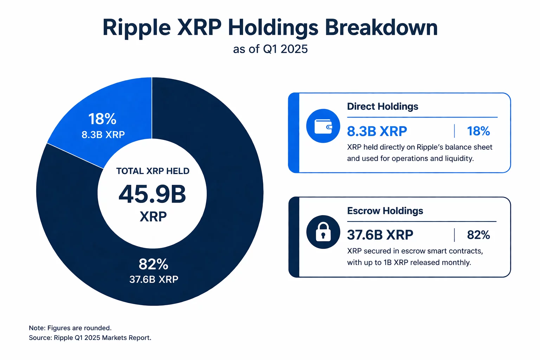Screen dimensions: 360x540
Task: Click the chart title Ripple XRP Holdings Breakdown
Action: click(270, 27)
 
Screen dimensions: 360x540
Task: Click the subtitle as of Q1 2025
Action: click(270, 49)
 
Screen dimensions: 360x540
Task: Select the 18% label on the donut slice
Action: click(102, 119)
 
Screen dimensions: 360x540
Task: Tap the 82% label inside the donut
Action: click(153, 264)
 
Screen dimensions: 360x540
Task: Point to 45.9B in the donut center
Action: click(152, 194)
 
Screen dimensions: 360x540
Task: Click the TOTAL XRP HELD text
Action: click(153, 171)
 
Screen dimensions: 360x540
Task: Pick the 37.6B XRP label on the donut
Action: click(154, 279)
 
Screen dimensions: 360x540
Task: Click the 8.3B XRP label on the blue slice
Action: click(103, 135)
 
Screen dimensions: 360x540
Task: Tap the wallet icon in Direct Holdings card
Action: click(323, 126)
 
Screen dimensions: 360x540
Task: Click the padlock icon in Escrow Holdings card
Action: click(323, 232)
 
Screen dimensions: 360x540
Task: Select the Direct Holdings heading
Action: click(382, 107)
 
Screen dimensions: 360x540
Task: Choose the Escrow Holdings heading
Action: click(385, 211)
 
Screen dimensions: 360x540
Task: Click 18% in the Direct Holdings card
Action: click(478, 131)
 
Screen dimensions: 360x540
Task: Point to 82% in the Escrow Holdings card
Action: click(478, 235)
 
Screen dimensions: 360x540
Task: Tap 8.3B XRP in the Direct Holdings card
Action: click(377, 131)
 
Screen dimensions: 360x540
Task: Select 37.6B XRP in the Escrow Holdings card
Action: click(380, 235)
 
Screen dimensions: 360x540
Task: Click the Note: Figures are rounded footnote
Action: click(70, 328)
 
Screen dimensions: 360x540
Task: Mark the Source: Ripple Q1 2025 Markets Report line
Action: click(90, 338)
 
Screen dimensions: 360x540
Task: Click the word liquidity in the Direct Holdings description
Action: click(459, 159)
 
